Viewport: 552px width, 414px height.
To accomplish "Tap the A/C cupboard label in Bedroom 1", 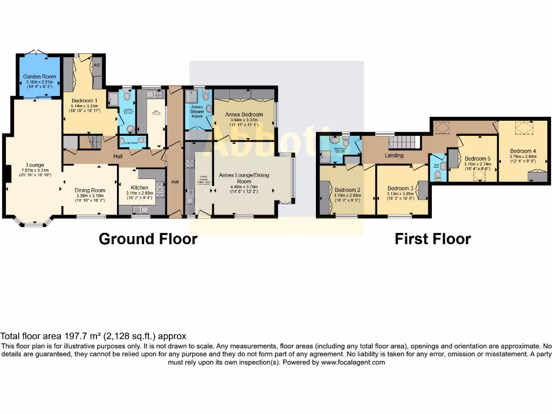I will [x=97, y=65].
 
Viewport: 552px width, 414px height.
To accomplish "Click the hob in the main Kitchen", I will [x=160, y=189].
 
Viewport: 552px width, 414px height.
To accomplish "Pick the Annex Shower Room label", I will [x=197, y=112].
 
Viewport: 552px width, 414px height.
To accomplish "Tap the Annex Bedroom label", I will [x=244, y=115].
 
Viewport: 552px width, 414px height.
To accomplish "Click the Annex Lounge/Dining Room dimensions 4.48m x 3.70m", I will [x=244, y=187].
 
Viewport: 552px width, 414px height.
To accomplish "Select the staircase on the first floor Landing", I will [x=404, y=143].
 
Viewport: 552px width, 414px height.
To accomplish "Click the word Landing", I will [x=399, y=156].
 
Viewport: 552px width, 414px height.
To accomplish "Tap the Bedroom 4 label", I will [x=522, y=151].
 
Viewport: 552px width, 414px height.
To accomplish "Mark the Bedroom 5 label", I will [x=477, y=158].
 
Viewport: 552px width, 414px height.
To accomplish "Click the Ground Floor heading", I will [x=148, y=238].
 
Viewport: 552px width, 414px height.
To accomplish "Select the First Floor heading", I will [x=432, y=238].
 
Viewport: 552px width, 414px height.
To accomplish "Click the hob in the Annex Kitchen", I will [x=190, y=163].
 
